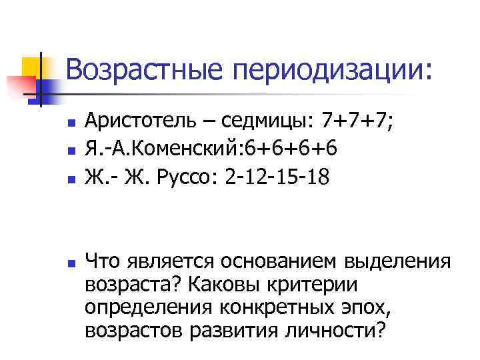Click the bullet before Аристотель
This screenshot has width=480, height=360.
point(70,124)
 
